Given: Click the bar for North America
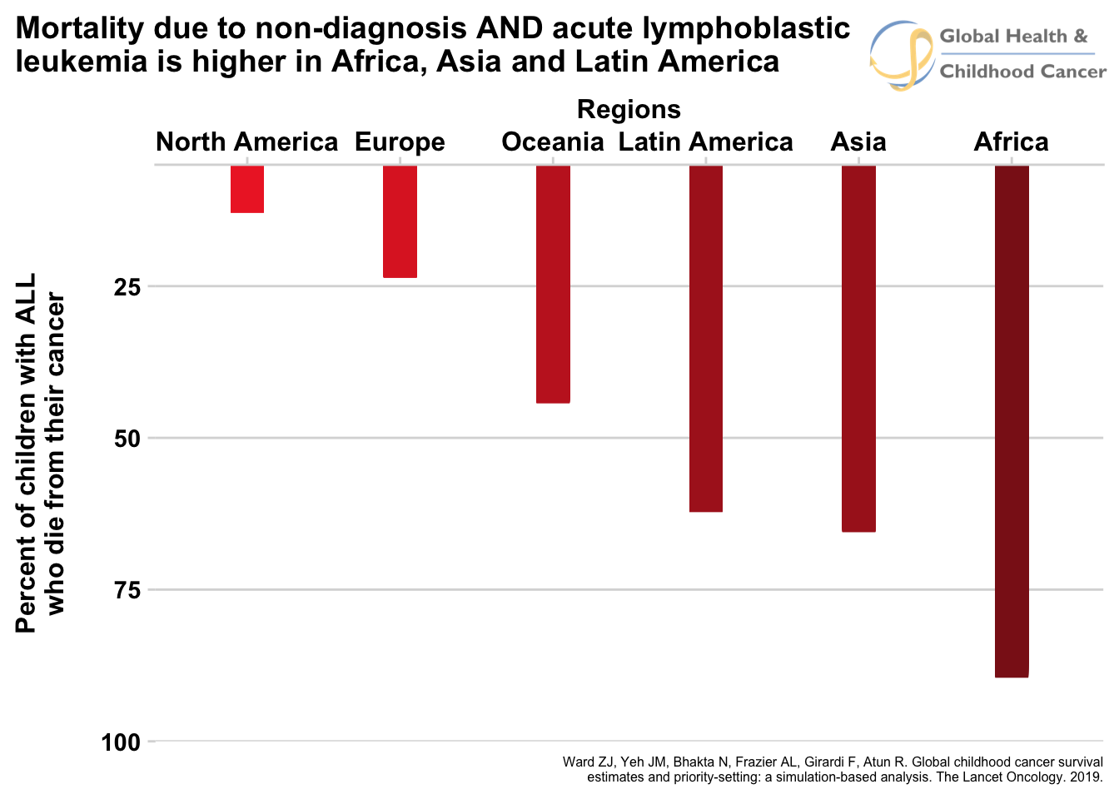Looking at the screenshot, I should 247,189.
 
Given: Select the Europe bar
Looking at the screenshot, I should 400,221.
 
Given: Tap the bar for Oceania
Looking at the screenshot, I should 553,284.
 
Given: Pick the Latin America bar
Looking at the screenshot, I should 706,338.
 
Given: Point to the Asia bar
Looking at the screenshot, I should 858,348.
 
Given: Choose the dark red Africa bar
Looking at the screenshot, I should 1012,421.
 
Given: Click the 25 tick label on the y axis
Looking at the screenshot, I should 127,287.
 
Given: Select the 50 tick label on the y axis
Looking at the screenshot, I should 127,439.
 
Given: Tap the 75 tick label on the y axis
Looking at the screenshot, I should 127,590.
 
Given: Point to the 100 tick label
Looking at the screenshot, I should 122,742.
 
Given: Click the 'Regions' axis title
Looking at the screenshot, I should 629,109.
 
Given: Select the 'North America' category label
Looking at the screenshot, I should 247,142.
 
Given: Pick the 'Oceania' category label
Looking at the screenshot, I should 553,142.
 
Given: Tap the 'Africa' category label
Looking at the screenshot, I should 1012,142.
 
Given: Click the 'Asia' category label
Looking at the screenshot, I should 858,142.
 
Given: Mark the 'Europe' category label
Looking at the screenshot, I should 400,143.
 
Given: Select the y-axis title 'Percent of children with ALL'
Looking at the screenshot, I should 27,453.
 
